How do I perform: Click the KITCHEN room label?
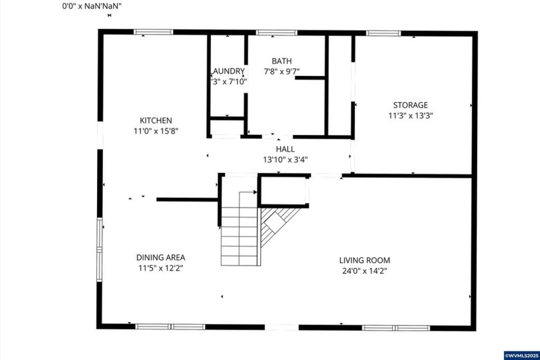[156, 120]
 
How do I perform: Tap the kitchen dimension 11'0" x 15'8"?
[156, 130]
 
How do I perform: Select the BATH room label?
[282, 61]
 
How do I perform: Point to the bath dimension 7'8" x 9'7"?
[282, 71]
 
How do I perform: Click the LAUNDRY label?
[228, 71]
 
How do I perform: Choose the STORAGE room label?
[410, 105]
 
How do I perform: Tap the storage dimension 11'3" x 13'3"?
[410, 116]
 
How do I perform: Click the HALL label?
[285, 149]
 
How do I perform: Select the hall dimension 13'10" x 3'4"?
[285, 159]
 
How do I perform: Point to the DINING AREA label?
[161, 257]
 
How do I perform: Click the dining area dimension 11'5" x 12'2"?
[161, 267]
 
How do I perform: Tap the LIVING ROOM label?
[364, 260]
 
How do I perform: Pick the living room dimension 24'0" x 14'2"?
[364, 271]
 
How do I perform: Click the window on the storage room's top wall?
[383, 33]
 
